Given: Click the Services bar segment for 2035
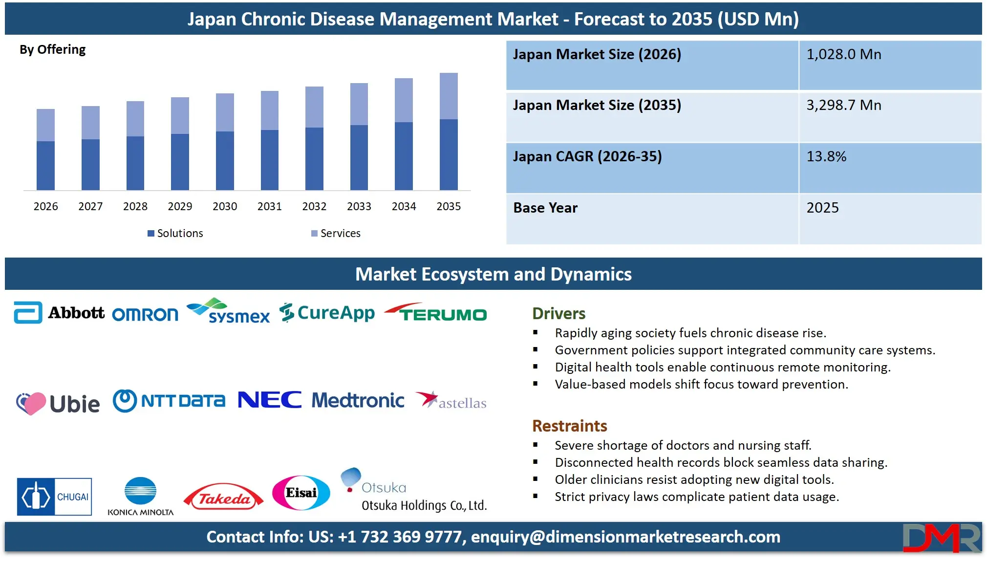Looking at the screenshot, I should point(449,96).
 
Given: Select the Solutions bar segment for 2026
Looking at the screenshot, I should point(45,165).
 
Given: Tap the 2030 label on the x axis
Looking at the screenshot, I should point(225,206).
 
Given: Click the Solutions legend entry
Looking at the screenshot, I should point(175,233).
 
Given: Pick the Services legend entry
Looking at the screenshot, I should point(336,233).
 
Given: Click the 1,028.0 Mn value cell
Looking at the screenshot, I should point(844,54).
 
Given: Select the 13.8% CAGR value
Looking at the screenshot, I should point(826,156).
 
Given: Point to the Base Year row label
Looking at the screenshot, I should point(545,208).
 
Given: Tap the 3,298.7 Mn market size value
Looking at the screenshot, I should point(844,105).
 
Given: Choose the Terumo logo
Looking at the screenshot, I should point(436,313).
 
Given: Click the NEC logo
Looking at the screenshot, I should point(270,400).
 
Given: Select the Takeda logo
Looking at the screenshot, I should point(223,497).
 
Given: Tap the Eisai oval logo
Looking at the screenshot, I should point(301,493).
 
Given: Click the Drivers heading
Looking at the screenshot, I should point(558,313).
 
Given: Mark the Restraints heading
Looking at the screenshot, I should point(569,426).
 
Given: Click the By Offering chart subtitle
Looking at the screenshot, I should point(52,49).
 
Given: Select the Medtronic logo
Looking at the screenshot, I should point(358,400).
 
